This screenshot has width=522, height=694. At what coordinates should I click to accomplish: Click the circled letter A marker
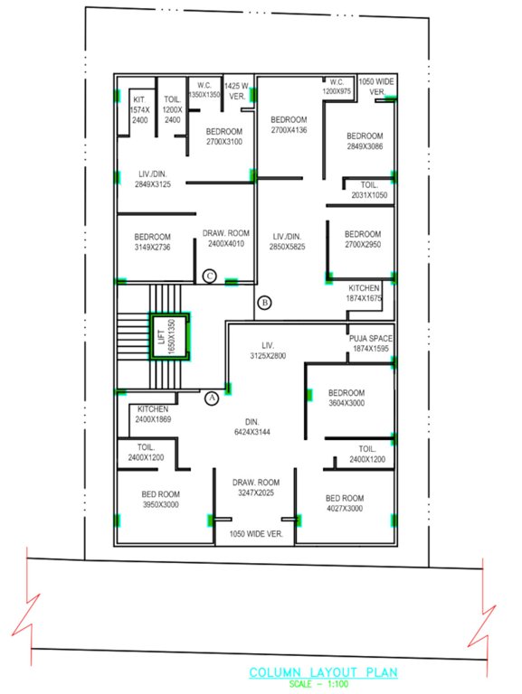(213, 397)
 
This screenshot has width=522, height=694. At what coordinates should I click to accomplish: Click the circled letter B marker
(264, 302)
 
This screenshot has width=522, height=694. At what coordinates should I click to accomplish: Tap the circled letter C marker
(209, 276)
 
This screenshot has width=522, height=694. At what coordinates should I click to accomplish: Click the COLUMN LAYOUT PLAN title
(323, 672)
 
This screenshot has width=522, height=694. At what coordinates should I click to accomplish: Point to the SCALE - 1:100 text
(323, 683)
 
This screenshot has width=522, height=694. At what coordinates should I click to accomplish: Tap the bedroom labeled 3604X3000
(346, 399)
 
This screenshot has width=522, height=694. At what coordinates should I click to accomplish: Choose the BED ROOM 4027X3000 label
(345, 503)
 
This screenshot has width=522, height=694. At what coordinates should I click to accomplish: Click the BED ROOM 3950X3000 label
(160, 500)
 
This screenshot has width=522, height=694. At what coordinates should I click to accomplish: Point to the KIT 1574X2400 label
(139, 108)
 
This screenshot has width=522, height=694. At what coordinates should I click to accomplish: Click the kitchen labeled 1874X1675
(364, 293)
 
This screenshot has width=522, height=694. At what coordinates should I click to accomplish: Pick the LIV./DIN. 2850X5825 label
(291, 241)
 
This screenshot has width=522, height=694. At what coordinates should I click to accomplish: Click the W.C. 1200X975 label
(337, 87)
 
